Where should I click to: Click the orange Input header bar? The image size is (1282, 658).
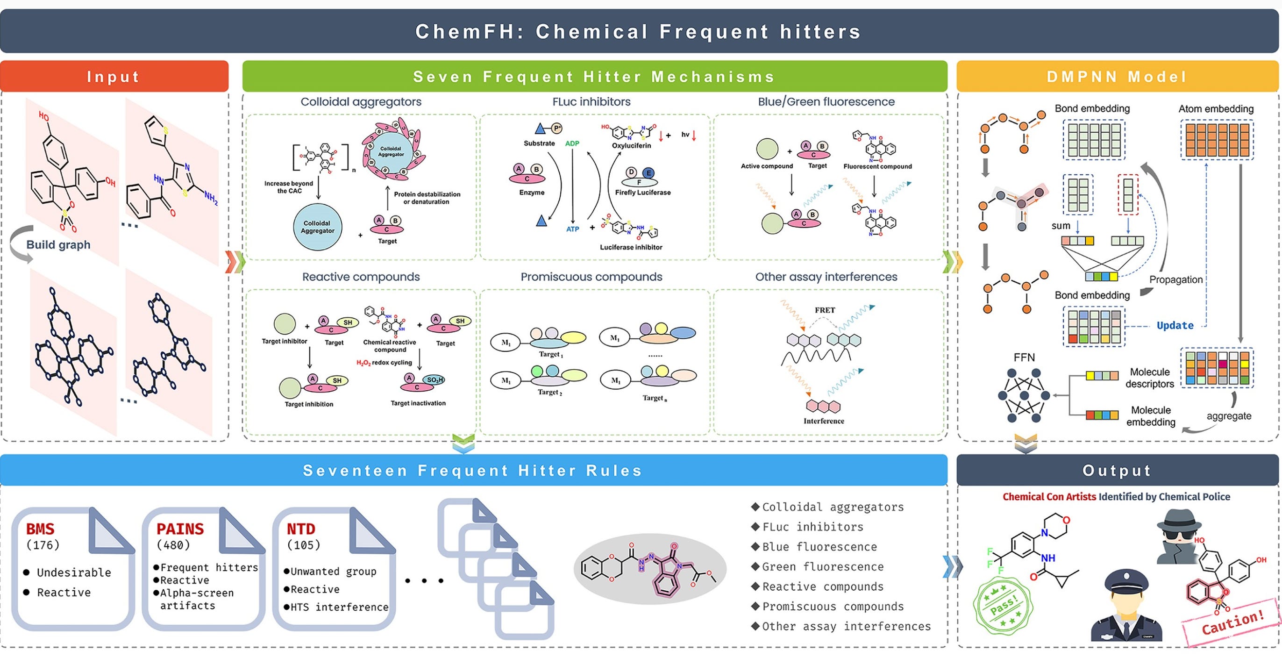click(114, 77)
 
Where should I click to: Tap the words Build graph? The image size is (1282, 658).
click(58, 244)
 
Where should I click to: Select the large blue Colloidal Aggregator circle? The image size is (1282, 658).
click(318, 227)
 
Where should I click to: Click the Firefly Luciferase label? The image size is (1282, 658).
click(642, 193)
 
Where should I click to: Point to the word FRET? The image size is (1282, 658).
click(825, 310)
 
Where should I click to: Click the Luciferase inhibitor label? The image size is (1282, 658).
click(631, 247)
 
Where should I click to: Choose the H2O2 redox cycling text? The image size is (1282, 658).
click(384, 363)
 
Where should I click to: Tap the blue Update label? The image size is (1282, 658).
click(1175, 326)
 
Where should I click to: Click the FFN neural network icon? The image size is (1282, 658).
click(1024, 396)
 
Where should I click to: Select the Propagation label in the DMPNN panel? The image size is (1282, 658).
click(1175, 280)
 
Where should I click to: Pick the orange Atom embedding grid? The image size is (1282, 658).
click(1217, 140)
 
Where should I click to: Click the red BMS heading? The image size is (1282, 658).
click(40, 529)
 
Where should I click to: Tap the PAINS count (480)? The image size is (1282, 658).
click(173, 545)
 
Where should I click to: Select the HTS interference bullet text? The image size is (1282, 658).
click(338, 607)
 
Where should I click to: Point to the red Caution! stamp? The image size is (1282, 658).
click(1232, 622)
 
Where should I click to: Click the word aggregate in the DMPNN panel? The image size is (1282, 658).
click(1228, 416)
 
